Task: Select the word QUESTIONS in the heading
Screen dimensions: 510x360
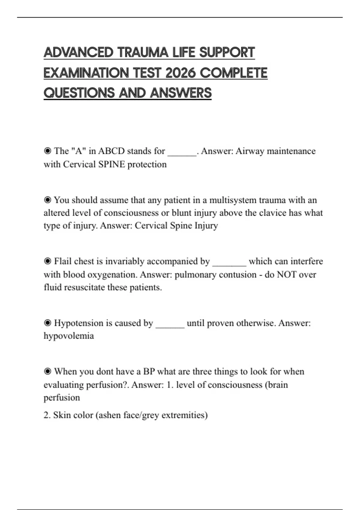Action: (79, 93)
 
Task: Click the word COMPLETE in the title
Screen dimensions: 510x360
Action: (233, 73)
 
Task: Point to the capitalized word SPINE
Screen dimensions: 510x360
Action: (111, 164)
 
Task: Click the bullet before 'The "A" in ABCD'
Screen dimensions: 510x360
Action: (47, 151)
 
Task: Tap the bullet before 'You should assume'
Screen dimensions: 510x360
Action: (47, 200)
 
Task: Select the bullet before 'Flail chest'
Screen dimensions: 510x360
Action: (47, 261)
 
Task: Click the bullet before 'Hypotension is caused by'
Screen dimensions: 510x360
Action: (47, 323)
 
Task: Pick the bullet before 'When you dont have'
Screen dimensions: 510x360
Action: (47, 371)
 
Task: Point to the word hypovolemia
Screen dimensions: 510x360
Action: (69, 336)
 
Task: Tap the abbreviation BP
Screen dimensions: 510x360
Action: (149, 371)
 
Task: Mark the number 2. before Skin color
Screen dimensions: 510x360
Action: (47, 415)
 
